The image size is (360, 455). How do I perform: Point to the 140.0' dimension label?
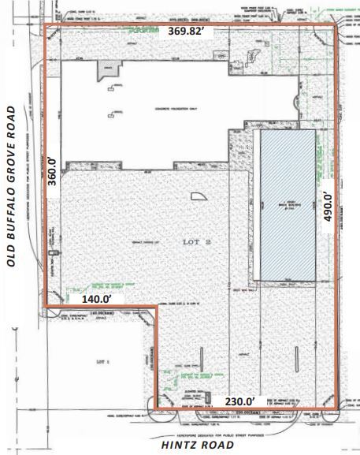click(97, 299)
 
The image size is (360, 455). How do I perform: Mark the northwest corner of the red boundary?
click(43, 26)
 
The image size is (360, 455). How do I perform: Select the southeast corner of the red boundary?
click(340, 408)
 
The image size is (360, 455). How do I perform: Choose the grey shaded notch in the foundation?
click(106, 70)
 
